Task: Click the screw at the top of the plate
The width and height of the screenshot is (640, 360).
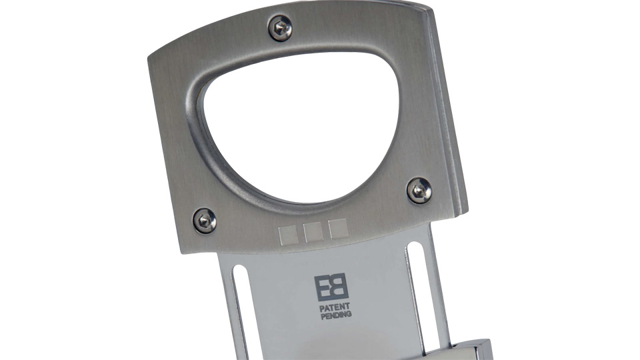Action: point(280,28)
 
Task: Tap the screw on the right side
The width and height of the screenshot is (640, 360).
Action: point(419,190)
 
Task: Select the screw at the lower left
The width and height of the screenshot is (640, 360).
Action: point(205,221)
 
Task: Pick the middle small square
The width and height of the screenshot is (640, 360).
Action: point(313,232)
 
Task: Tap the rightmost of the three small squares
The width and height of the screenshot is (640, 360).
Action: point(338,229)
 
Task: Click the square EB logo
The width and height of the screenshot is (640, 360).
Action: point(331,287)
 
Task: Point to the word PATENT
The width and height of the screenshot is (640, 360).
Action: point(335,307)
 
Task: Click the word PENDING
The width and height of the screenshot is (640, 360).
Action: point(336,315)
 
